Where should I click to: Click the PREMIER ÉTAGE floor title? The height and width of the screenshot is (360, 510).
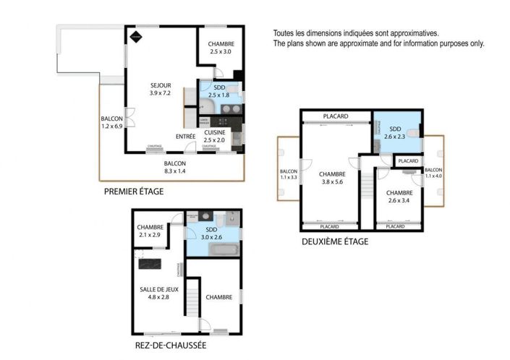pyautogui.click(x=134, y=192)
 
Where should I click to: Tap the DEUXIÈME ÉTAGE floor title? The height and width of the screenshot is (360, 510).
pyautogui.click(x=335, y=242)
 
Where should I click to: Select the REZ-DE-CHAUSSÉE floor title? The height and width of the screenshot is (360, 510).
pyautogui.click(x=171, y=345)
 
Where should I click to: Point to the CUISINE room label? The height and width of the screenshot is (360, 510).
pyautogui.click(x=215, y=132)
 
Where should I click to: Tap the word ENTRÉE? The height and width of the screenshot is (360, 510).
pyautogui.click(x=186, y=137)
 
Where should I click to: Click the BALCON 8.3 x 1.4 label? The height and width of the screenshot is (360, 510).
pyautogui.click(x=175, y=167)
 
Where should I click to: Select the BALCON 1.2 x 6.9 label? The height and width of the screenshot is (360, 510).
pyautogui.click(x=112, y=123)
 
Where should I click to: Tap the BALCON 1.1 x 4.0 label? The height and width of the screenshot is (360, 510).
pyautogui.click(x=433, y=173)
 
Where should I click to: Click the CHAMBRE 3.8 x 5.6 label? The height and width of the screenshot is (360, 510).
pyautogui.click(x=332, y=178)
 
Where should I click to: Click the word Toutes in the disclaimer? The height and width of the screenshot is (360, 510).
pyautogui.click(x=284, y=33)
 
